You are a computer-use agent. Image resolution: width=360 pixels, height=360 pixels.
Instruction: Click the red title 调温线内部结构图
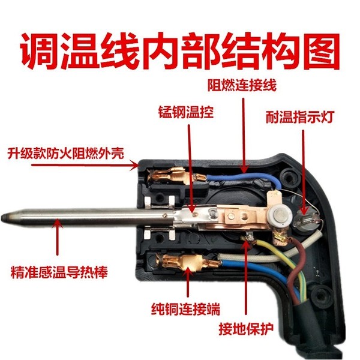(x=180, y=51)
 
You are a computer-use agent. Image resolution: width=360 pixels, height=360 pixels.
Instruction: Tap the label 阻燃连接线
(x=242, y=85)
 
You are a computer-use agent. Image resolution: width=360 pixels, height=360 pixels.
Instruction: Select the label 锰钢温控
(x=186, y=112)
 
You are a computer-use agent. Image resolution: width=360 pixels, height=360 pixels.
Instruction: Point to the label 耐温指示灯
(x=299, y=117)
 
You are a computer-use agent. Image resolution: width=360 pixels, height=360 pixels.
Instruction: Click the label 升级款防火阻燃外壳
(x=65, y=154)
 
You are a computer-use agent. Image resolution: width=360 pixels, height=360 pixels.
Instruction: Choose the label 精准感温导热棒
(x=59, y=272)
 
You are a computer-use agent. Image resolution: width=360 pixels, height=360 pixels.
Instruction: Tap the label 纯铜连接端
(x=185, y=309)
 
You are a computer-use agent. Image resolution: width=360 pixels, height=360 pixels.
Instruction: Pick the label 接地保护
(x=247, y=329)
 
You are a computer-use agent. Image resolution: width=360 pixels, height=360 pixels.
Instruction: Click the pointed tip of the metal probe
(x=2, y=217)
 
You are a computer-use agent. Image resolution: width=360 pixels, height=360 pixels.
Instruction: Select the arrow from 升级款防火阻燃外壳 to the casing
(x=85, y=165)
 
